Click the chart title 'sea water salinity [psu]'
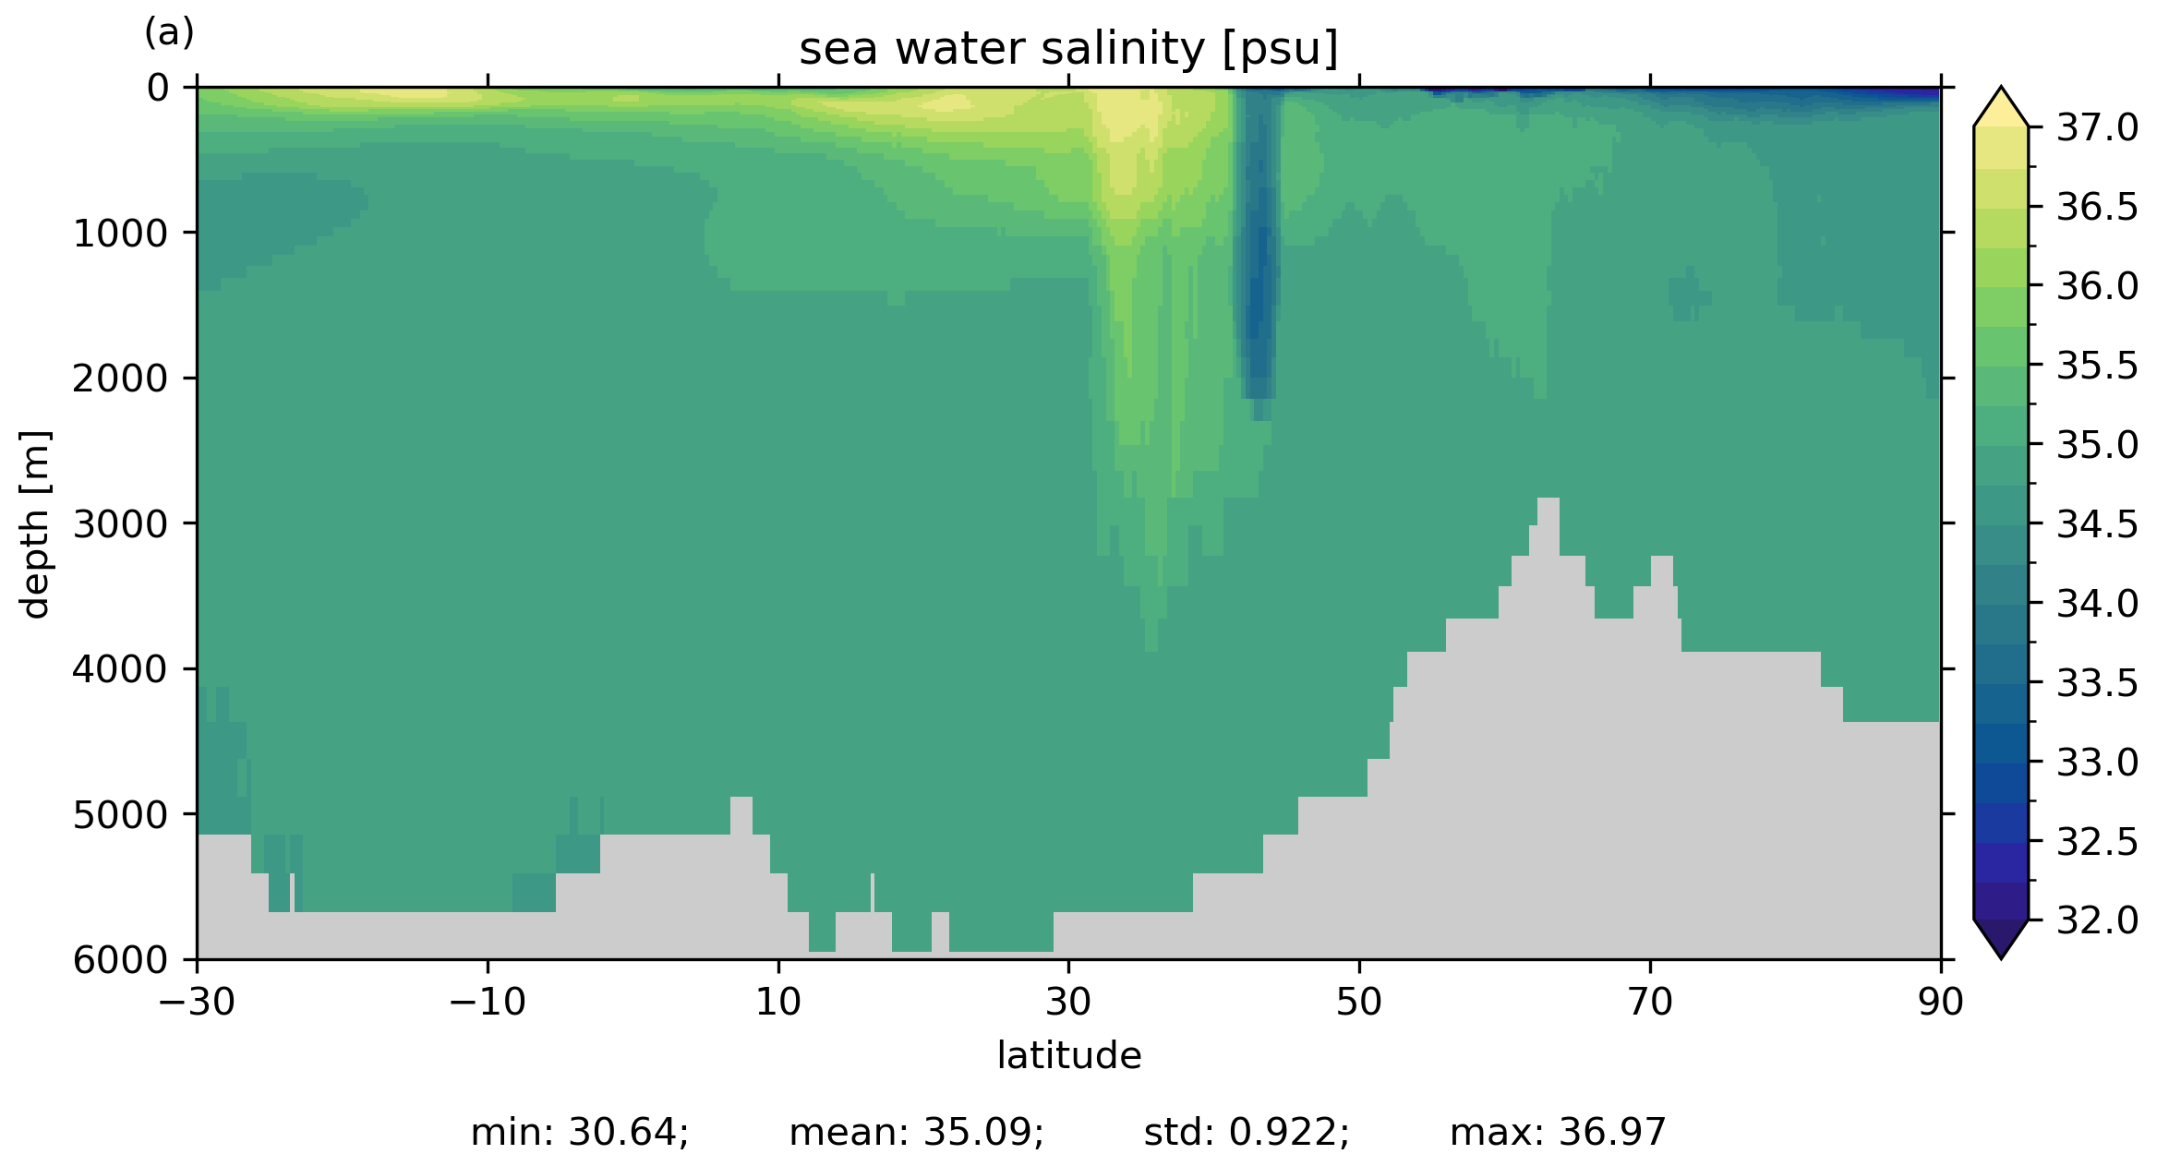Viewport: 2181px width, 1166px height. click(x=1068, y=49)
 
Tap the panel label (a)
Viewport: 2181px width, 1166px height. click(x=169, y=33)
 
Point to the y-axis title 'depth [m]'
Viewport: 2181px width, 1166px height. click(x=35, y=523)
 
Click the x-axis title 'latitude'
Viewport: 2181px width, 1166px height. click(x=1068, y=1055)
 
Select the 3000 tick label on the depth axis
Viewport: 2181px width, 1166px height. click(x=121, y=524)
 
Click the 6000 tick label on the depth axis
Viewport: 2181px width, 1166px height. click(x=121, y=960)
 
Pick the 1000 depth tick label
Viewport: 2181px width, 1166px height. click(x=121, y=234)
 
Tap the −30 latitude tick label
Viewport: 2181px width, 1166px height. click(x=197, y=1002)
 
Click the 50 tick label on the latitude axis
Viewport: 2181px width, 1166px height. click(x=1359, y=1002)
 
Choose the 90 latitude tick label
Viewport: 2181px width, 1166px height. click(x=1940, y=1002)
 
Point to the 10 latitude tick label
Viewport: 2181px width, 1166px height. click(x=778, y=1002)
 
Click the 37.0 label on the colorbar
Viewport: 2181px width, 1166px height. click(x=2097, y=128)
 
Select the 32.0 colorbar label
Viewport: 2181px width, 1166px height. click(x=2097, y=920)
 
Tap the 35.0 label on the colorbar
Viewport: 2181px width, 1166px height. click(x=2097, y=445)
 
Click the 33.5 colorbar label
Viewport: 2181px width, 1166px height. click(x=2097, y=683)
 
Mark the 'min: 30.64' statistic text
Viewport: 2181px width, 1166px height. click(x=579, y=1133)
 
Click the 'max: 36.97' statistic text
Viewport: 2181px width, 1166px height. click(x=1558, y=1133)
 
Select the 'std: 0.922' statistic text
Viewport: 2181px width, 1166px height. click(x=1247, y=1133)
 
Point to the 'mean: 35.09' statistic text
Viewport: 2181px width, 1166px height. click(x=916, y=1133)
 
